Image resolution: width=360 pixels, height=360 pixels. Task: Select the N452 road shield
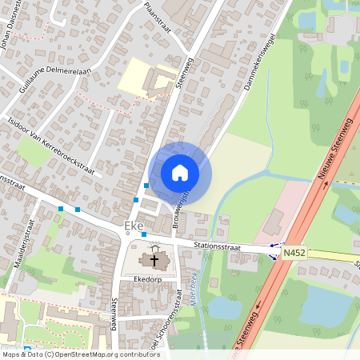tap(292, 252)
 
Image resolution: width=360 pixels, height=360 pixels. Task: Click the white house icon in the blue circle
tap(180, 173)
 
